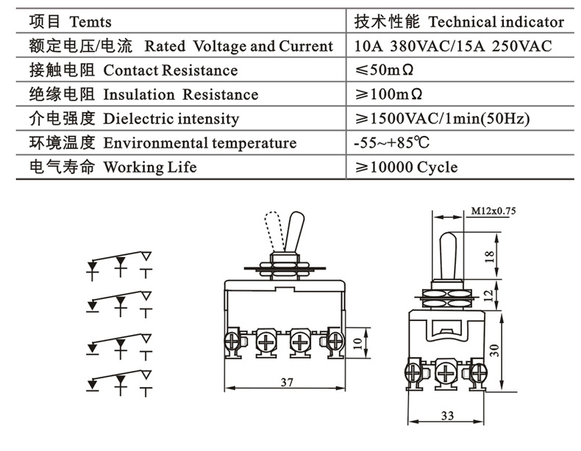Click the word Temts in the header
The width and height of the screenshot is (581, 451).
point(91,22)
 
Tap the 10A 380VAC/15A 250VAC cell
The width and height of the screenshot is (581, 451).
point(452,46)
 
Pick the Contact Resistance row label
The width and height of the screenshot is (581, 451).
point(170,71)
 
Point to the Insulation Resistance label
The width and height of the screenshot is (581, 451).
point(180,95)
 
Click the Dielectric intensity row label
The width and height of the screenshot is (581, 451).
point(171,119)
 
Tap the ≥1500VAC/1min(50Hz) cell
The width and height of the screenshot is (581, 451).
point(442,119)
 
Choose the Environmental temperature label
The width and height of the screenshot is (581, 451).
point(199,143)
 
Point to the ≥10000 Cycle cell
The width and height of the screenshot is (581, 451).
point(406,167)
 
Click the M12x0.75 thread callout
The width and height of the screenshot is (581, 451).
point(493,212)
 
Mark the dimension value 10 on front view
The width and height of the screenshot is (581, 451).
point(358,342)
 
